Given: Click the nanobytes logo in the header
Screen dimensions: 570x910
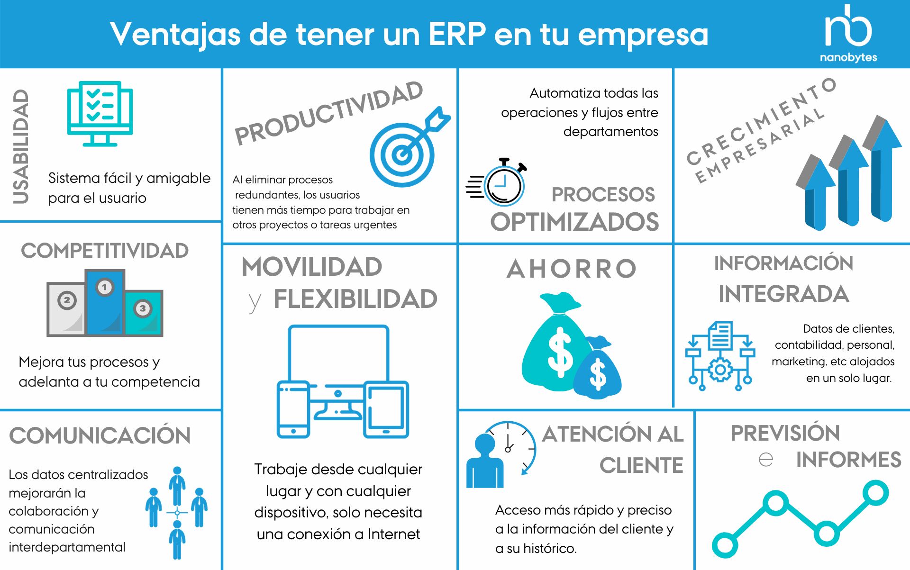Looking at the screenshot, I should (x=848, y=33).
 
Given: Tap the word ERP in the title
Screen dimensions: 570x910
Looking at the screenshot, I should (x=457, y=34).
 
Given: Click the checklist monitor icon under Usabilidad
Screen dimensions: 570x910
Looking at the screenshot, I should (x=100, y=113).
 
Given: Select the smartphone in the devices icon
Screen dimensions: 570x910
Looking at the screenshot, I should (x=293, y=409).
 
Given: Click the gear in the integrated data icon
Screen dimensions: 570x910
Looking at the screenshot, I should (x=720, y=370).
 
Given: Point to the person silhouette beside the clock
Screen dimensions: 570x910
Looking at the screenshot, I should (x=484, y=462).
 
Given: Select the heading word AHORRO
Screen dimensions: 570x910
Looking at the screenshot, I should (x=572, y=269).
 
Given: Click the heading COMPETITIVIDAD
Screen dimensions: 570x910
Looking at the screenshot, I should (x=105, y=251).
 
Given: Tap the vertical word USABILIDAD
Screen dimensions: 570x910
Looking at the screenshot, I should (x=21, y=147).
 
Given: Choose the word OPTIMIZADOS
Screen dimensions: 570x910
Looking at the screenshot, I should (x=574, y=222).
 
